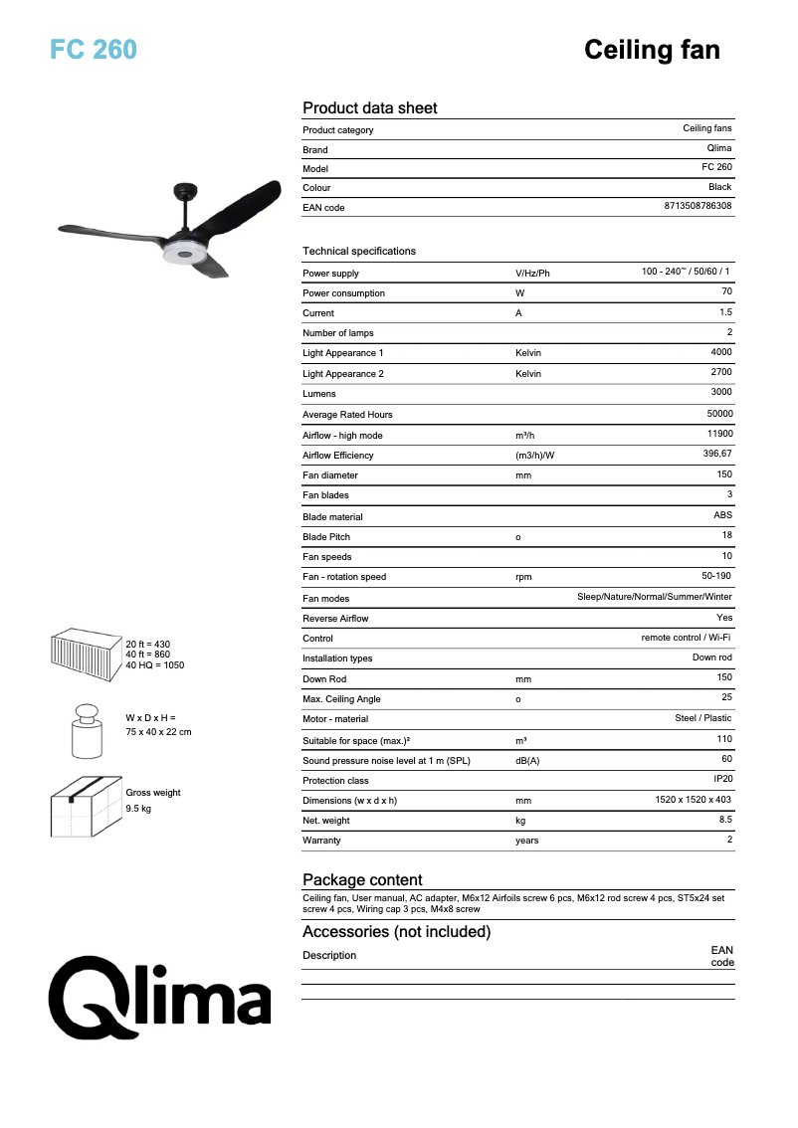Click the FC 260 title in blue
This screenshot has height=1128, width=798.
94,50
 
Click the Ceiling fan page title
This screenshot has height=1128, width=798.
652,50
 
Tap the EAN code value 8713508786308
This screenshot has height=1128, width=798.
698,206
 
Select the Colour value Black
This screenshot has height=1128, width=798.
719,187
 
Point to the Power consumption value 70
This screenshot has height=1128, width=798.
726,291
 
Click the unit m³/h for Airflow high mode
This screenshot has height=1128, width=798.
525,436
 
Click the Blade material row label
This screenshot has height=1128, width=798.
332,517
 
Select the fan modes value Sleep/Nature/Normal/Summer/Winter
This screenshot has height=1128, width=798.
655,597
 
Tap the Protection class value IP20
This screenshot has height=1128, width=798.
722,779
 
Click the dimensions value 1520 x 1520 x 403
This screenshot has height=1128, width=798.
694,800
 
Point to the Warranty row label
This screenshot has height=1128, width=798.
321,841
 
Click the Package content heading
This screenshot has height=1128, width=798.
362,879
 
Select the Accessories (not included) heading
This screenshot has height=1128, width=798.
396,932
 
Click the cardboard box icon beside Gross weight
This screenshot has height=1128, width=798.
86,801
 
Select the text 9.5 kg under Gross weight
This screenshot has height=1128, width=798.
138,809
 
